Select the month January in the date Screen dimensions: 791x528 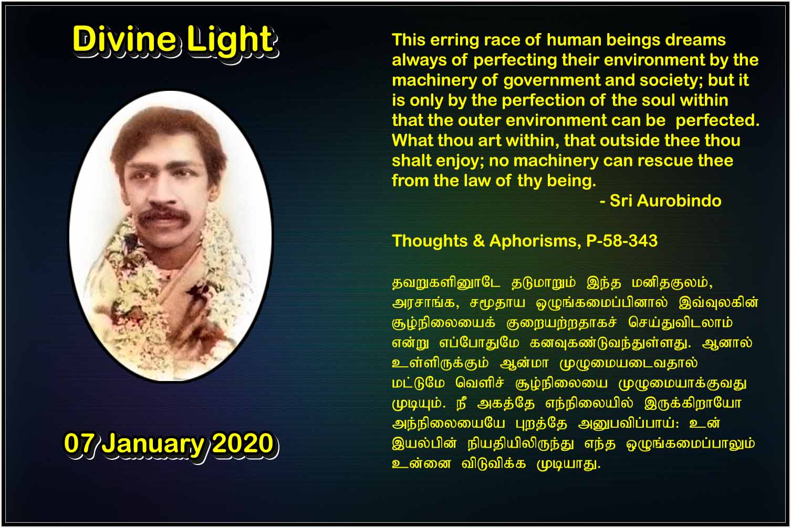click(153, 445)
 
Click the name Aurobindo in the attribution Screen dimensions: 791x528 click(679, 201)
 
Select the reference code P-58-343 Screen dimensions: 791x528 click(622, 241)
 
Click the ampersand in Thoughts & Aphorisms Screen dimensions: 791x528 click(478, 241)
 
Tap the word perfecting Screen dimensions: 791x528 click(515, 61)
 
